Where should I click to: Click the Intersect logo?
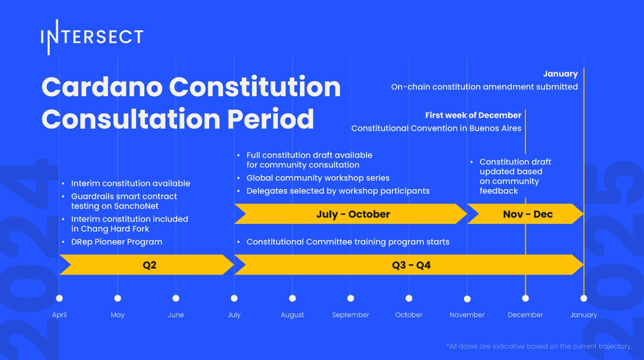tap(92, 37)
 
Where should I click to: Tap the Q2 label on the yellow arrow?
tap(150, 265)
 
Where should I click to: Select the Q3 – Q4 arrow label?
tap(411, 265)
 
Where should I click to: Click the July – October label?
tap(353, 214)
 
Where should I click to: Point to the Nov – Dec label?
tap(528, 214)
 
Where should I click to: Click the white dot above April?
tap(59, 298)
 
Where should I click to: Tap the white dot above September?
tap(351, 298)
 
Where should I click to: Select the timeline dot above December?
tap(525, 298)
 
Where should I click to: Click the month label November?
tap(467, 315)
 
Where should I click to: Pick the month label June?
tap(176, 315)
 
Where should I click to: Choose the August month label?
tap(292, 315)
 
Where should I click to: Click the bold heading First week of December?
tap(473, 115)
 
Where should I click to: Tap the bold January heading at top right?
tap(561, 74)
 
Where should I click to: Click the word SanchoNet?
tap(136, 206)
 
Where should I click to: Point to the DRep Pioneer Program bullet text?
tap(117, 242)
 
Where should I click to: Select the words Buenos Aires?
tap(495, 128)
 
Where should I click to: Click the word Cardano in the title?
tap(102, 87)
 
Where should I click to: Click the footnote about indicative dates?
tap(539, 346)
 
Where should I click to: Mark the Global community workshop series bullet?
tap(318, 178)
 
